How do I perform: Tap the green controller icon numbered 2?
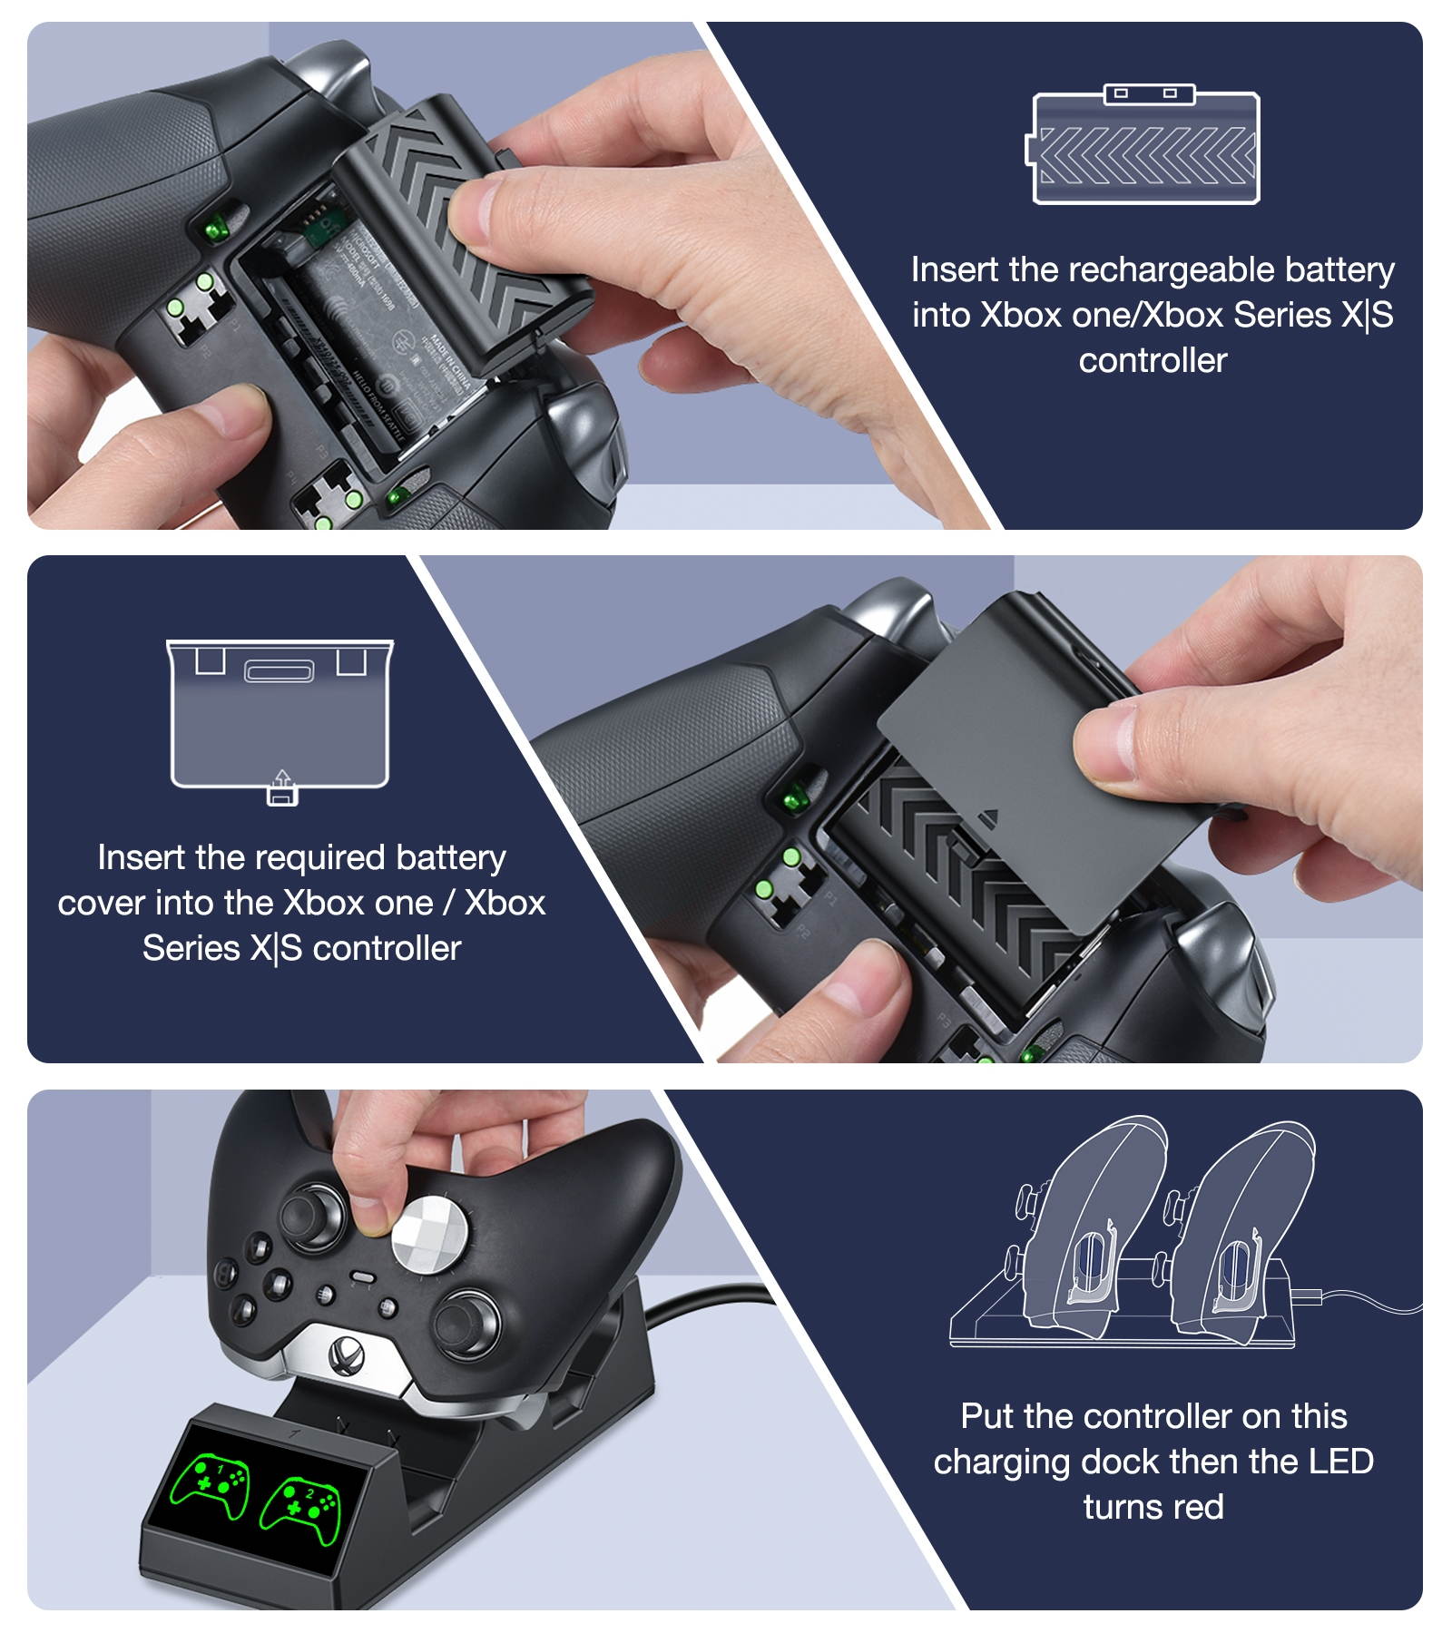pos(300,1509)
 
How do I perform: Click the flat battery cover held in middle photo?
pos(1016,753)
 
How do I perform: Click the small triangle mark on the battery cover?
pos(988,818)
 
